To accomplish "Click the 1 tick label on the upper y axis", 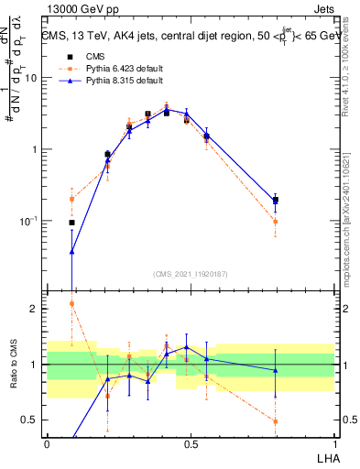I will (x=35, y=149).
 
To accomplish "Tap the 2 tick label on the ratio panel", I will (x=36, y=309).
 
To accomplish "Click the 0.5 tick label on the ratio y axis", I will (x=31, y=420).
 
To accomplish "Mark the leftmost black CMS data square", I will (x=71, y=223).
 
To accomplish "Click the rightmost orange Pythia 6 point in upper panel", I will (x=275, y=222).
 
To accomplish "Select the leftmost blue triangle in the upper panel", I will (x=71, y=251).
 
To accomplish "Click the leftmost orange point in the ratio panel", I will (x=71, y=303).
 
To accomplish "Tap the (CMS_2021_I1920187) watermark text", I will (x=190, y=274).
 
